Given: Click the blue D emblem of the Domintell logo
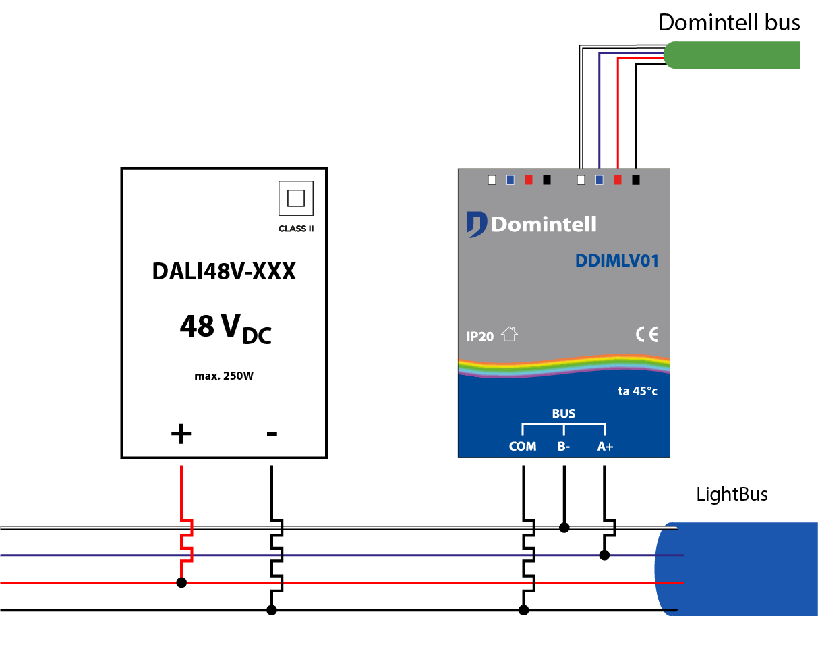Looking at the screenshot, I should (476, 224).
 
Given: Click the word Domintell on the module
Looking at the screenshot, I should (544, 224).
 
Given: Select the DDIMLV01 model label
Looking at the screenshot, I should (616, 261).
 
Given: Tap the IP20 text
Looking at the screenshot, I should (480, 337).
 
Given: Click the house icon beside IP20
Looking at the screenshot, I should (509, 334).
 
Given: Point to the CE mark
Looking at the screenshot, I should (646, 334).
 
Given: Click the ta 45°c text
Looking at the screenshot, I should (637, 391).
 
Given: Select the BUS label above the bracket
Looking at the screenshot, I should (564, 414).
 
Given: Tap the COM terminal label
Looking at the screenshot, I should (523, 447).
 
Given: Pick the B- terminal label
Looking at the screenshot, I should (564, 447).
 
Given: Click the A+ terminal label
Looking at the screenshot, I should (605, 447).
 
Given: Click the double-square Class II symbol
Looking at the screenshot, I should (296, 198).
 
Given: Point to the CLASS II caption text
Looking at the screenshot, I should (296, 229).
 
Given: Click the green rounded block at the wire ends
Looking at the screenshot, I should (732, 55).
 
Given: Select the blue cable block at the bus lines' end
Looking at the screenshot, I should (742, 569).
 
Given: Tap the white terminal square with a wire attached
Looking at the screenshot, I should (581, 180).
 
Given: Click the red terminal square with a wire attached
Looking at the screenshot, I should (617, 180).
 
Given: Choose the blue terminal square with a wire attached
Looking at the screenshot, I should (599, 180).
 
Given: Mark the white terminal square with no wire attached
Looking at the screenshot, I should (492, 180).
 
